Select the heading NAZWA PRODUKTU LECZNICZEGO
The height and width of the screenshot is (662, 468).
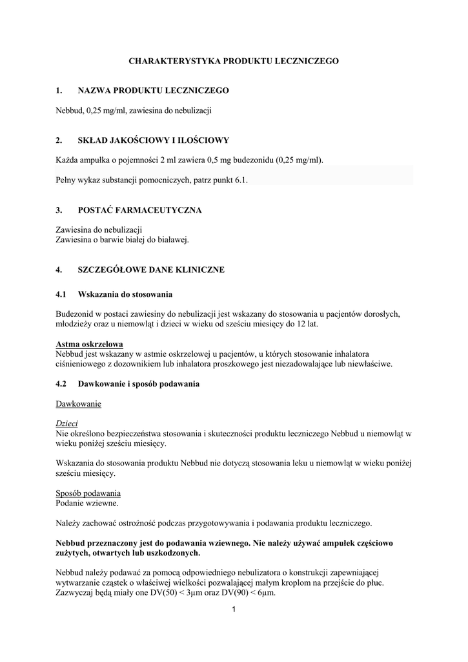[153, 91]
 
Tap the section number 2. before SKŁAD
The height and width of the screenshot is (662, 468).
[59, 140]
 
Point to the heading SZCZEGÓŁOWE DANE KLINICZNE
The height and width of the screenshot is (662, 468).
[151, 270]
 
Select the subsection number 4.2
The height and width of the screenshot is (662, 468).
[61, 384]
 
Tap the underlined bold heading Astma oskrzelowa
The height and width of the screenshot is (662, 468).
[89, 344]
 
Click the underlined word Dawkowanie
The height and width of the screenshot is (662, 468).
[78, 404]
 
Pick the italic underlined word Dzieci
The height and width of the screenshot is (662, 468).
[67, 423]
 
